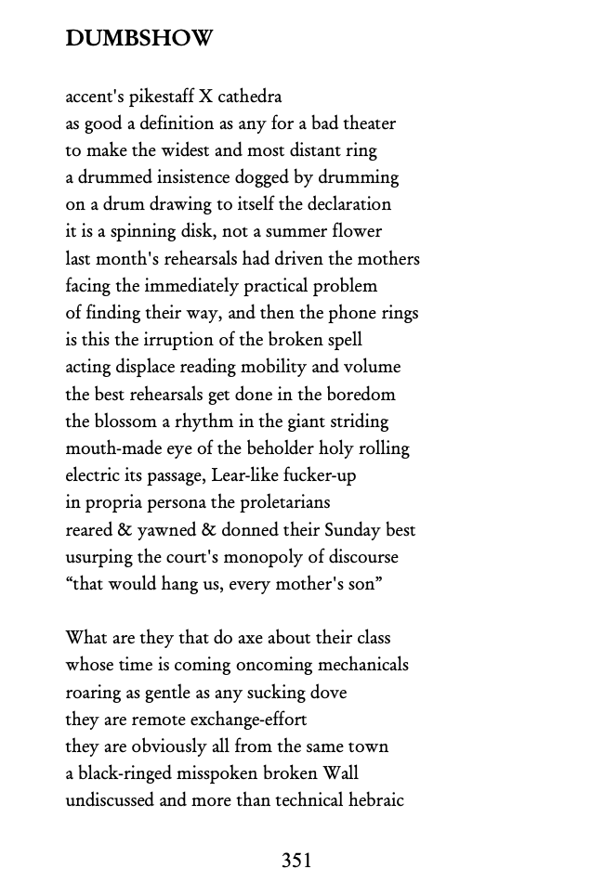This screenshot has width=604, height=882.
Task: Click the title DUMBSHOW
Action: [x=139, y=39]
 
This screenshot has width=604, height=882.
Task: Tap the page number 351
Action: [x=296, y=860]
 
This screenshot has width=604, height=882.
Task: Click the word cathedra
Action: [x=249, y=97]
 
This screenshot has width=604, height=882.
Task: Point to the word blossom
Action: [x=125, y=422]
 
